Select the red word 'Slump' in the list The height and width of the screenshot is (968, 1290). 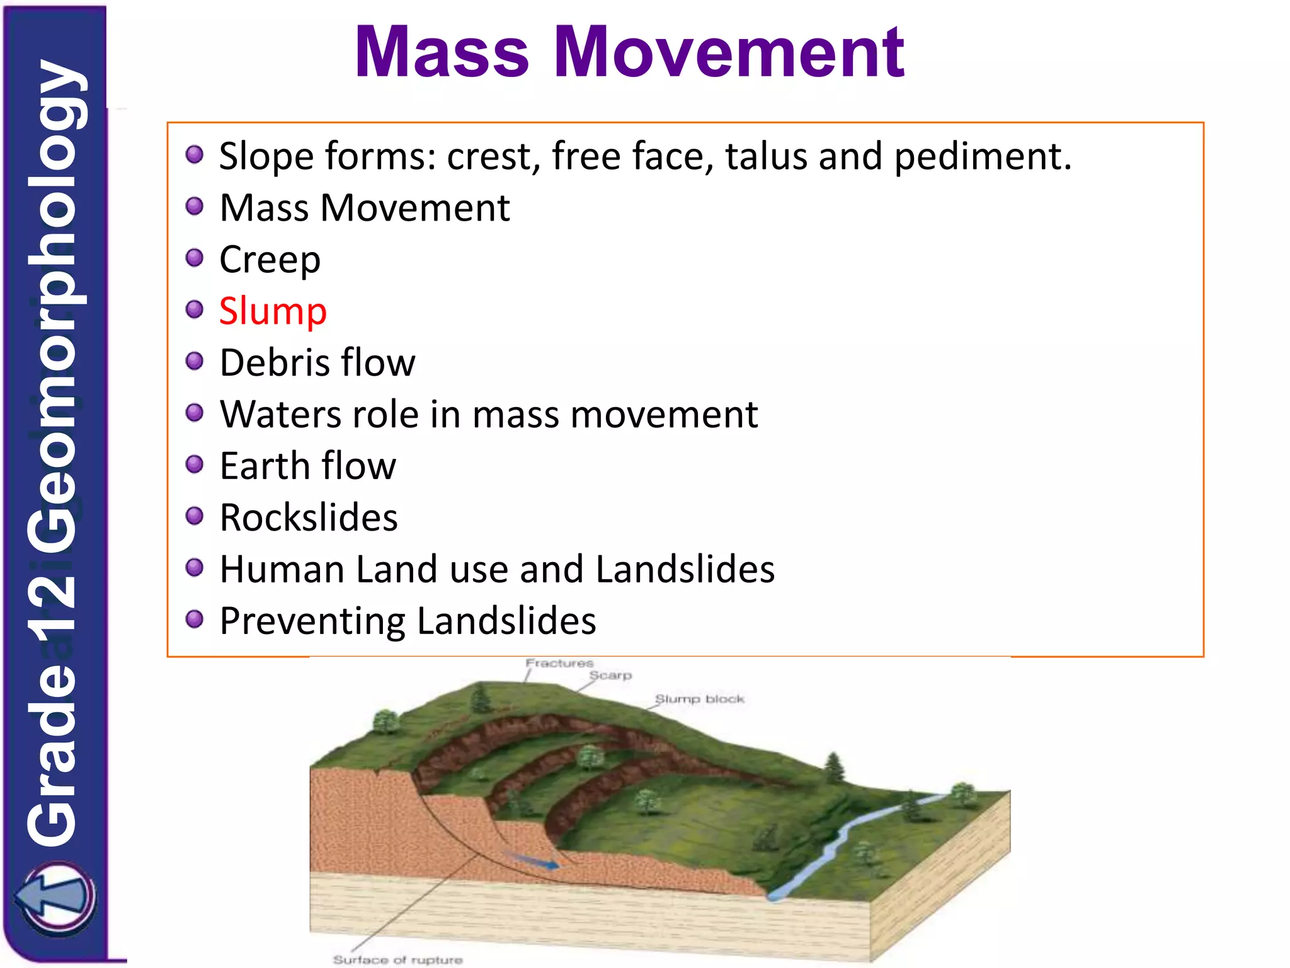click(273, 311)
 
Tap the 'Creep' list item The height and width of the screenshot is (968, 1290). click(270, 259)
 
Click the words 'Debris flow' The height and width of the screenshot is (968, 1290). click(317, 362)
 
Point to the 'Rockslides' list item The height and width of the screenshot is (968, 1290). click(309, 517)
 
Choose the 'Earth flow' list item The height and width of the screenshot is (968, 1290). click(308, 466)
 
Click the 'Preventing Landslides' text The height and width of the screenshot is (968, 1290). click(408, 621)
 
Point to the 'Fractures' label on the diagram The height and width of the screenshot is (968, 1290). click(559, 663)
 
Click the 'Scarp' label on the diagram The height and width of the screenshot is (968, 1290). click(610, 676)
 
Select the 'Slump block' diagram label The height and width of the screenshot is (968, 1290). click(699, 699)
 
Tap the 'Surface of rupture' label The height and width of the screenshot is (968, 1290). click(397, 959)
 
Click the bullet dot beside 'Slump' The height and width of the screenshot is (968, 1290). click(195, 309)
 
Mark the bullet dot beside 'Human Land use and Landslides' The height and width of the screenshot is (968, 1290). click(195, 568)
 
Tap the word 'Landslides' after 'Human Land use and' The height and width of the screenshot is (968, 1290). click(685, 569)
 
